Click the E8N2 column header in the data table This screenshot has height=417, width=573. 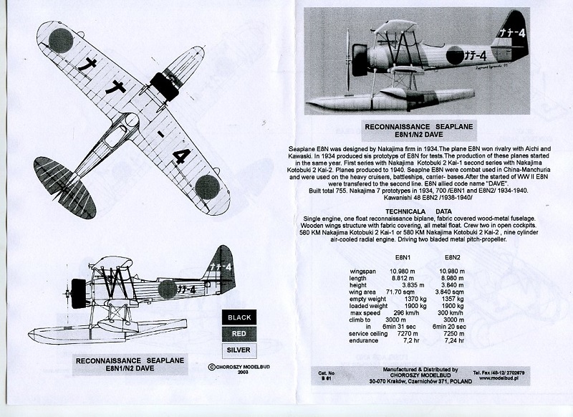pyautogui.click(x=456, y=259)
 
